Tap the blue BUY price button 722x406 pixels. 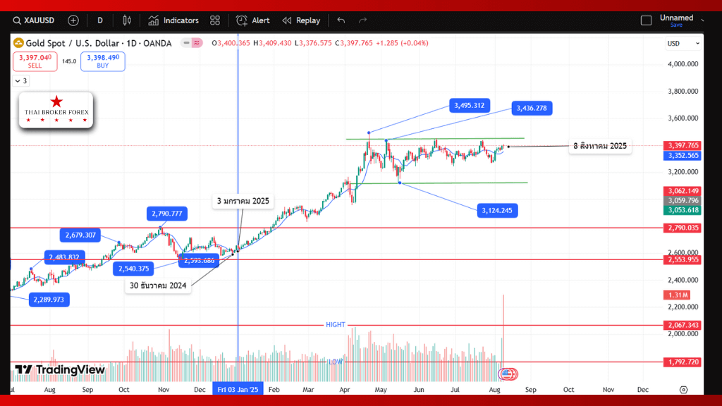point(102,61)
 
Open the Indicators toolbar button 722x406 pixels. point(173,20)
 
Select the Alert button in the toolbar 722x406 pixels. point(253,20)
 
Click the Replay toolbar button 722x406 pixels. point(301,20)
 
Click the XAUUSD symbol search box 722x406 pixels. point(36,20)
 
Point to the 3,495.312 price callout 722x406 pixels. point(469,106)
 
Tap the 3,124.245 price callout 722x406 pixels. point(498,210)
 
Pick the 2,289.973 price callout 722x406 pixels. point(49,300)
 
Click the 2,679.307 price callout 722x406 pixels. point(80,235)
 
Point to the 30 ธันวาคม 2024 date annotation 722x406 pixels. point(157,285)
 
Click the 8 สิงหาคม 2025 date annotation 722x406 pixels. point(599,147)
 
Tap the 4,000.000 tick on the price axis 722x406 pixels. point(683,64)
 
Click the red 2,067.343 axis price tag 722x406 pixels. point(682,325)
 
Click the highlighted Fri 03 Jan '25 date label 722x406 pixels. point(238,389)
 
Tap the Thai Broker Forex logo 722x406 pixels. point(56,110)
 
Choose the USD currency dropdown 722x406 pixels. point(683,44)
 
